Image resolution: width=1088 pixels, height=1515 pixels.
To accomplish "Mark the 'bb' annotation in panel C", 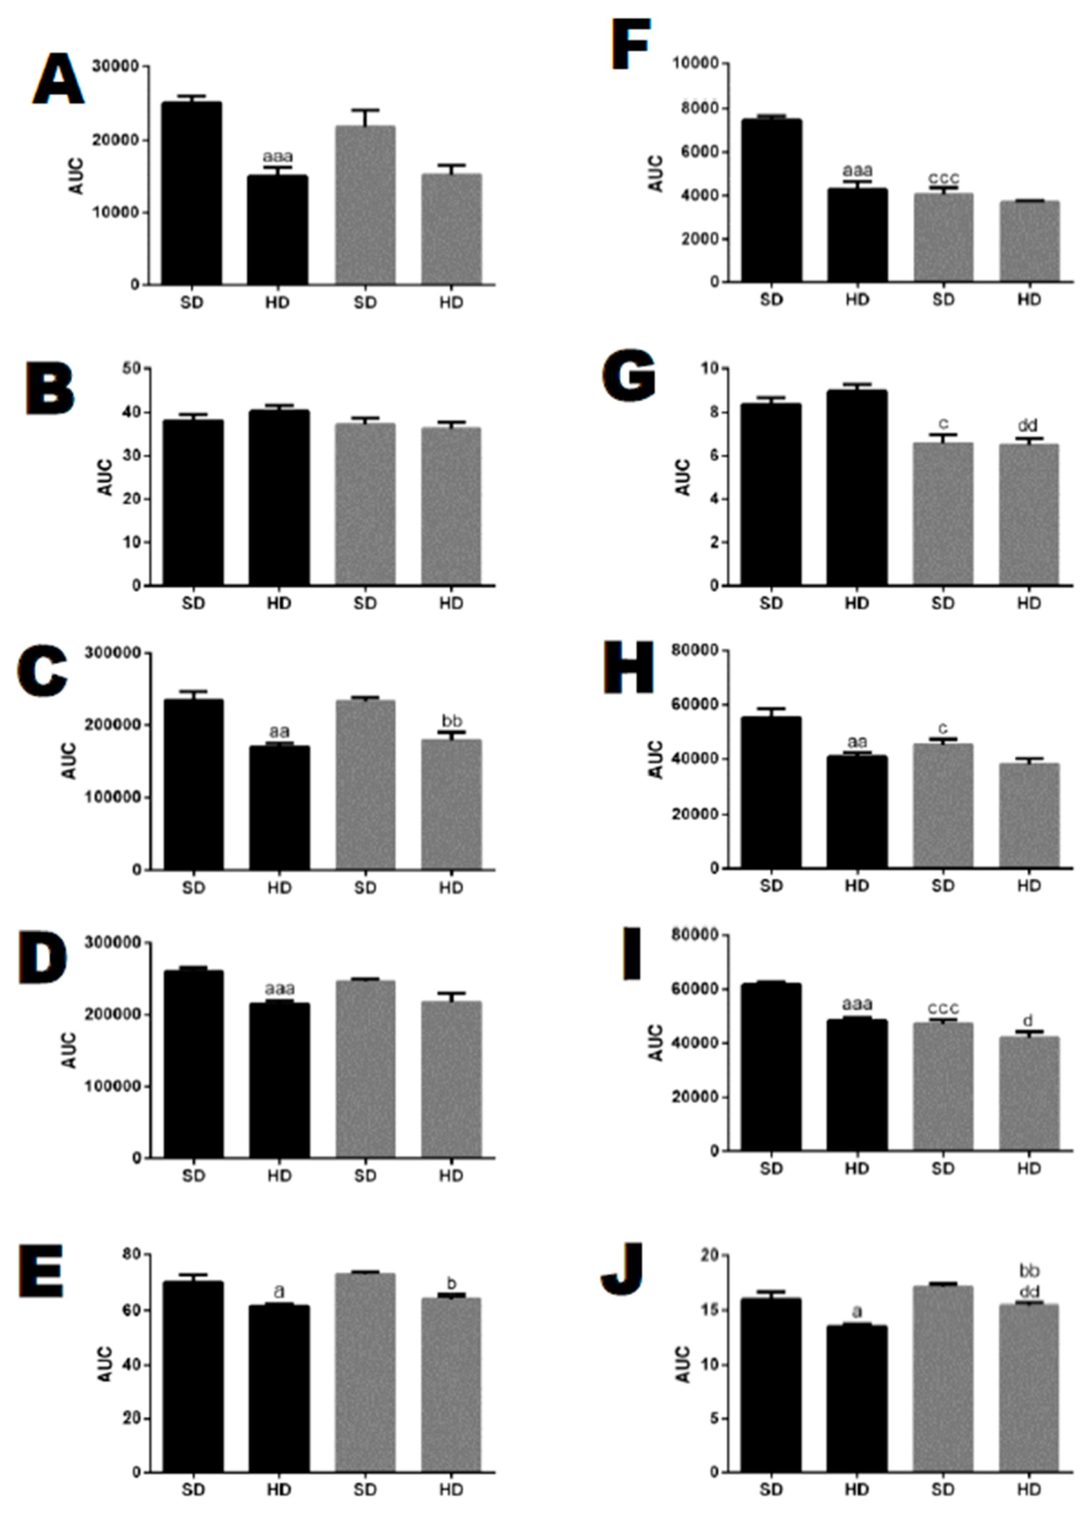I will pos(452,721).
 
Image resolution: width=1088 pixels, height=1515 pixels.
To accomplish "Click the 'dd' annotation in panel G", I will pos(1028,426).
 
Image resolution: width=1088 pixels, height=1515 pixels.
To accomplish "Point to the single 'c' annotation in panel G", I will pos(943,424).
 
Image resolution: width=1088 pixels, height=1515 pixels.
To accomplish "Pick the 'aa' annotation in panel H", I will pos(857,742).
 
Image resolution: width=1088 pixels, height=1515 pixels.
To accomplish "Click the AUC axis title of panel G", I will pos(682,477).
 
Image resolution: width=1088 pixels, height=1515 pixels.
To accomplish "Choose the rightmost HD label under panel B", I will pos(452,603).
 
